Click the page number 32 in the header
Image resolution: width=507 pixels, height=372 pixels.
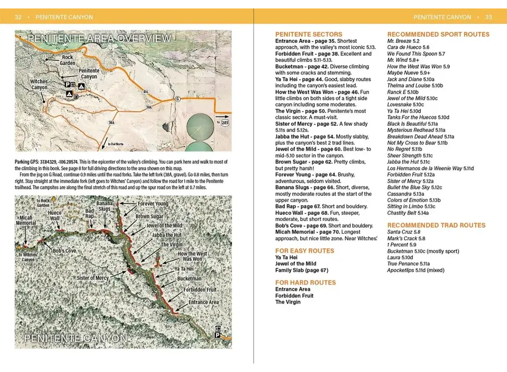(x=18, y=17)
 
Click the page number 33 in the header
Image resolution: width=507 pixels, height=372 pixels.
(x=488, y=17)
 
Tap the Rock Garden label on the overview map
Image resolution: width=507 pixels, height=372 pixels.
(x=68, y=60)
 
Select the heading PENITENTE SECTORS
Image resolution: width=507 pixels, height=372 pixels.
(x=308, y=34)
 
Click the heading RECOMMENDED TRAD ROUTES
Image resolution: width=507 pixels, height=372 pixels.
(x=436, y=225)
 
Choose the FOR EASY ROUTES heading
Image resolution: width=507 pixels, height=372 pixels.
(x=305, y=251)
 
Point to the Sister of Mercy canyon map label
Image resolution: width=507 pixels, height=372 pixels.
(x=93, y=278)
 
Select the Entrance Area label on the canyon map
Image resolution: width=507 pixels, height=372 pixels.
(x=203, y=303)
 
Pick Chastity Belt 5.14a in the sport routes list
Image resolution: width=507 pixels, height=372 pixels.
(x=408, y=213)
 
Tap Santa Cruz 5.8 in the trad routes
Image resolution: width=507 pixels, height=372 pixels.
(x=404, y=232)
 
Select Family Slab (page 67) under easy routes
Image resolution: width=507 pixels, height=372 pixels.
(x=301, y=271)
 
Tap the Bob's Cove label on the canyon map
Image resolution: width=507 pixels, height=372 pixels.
(x=65, y=250)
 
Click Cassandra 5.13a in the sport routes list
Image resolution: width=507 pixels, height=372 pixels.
(x=407, y=193)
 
